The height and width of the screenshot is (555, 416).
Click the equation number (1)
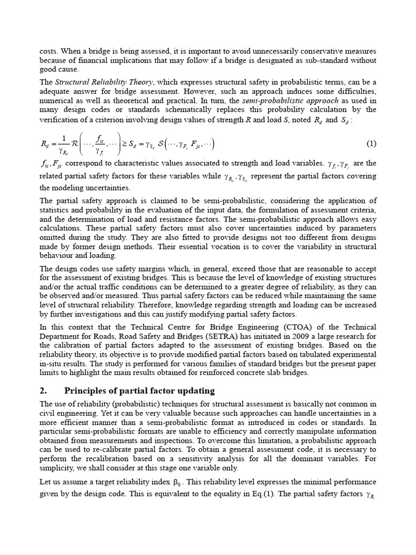[x=371, y=144]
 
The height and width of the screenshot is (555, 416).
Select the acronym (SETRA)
[x=209, y=336]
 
